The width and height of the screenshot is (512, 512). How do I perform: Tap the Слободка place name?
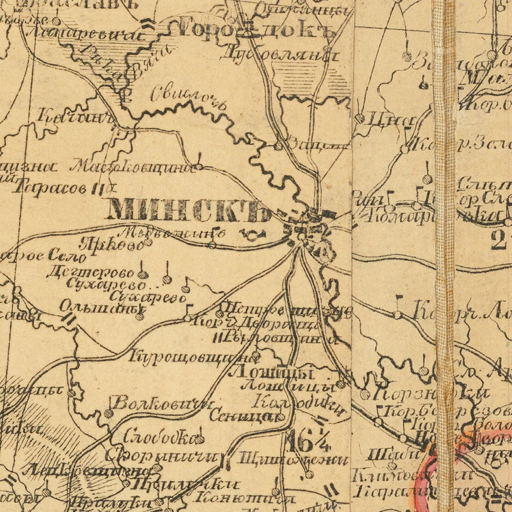(160, 438)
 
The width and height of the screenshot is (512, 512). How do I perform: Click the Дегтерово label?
(91, 272)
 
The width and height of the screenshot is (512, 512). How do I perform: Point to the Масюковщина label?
(133, 167)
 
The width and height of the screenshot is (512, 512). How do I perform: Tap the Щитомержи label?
(293, 459)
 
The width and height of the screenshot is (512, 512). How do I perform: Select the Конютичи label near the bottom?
(245, 498)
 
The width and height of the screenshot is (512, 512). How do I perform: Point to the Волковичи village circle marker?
(109, 413)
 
